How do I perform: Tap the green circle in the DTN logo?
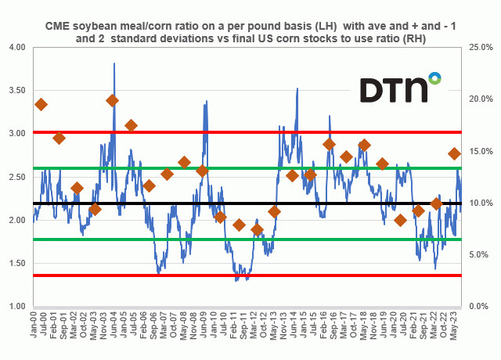click(434, 77)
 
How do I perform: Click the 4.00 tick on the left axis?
click(15, 48)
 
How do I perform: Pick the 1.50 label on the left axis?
click(15, 264)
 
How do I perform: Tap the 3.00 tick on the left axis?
click(15, 134)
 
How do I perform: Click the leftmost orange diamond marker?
click(41, 104)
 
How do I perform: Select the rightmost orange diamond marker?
click(455, 153)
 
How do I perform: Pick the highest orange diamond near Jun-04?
click(113, 100)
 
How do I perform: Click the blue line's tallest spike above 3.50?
click(114, 64)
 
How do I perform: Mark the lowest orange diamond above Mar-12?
click(258, 230)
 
